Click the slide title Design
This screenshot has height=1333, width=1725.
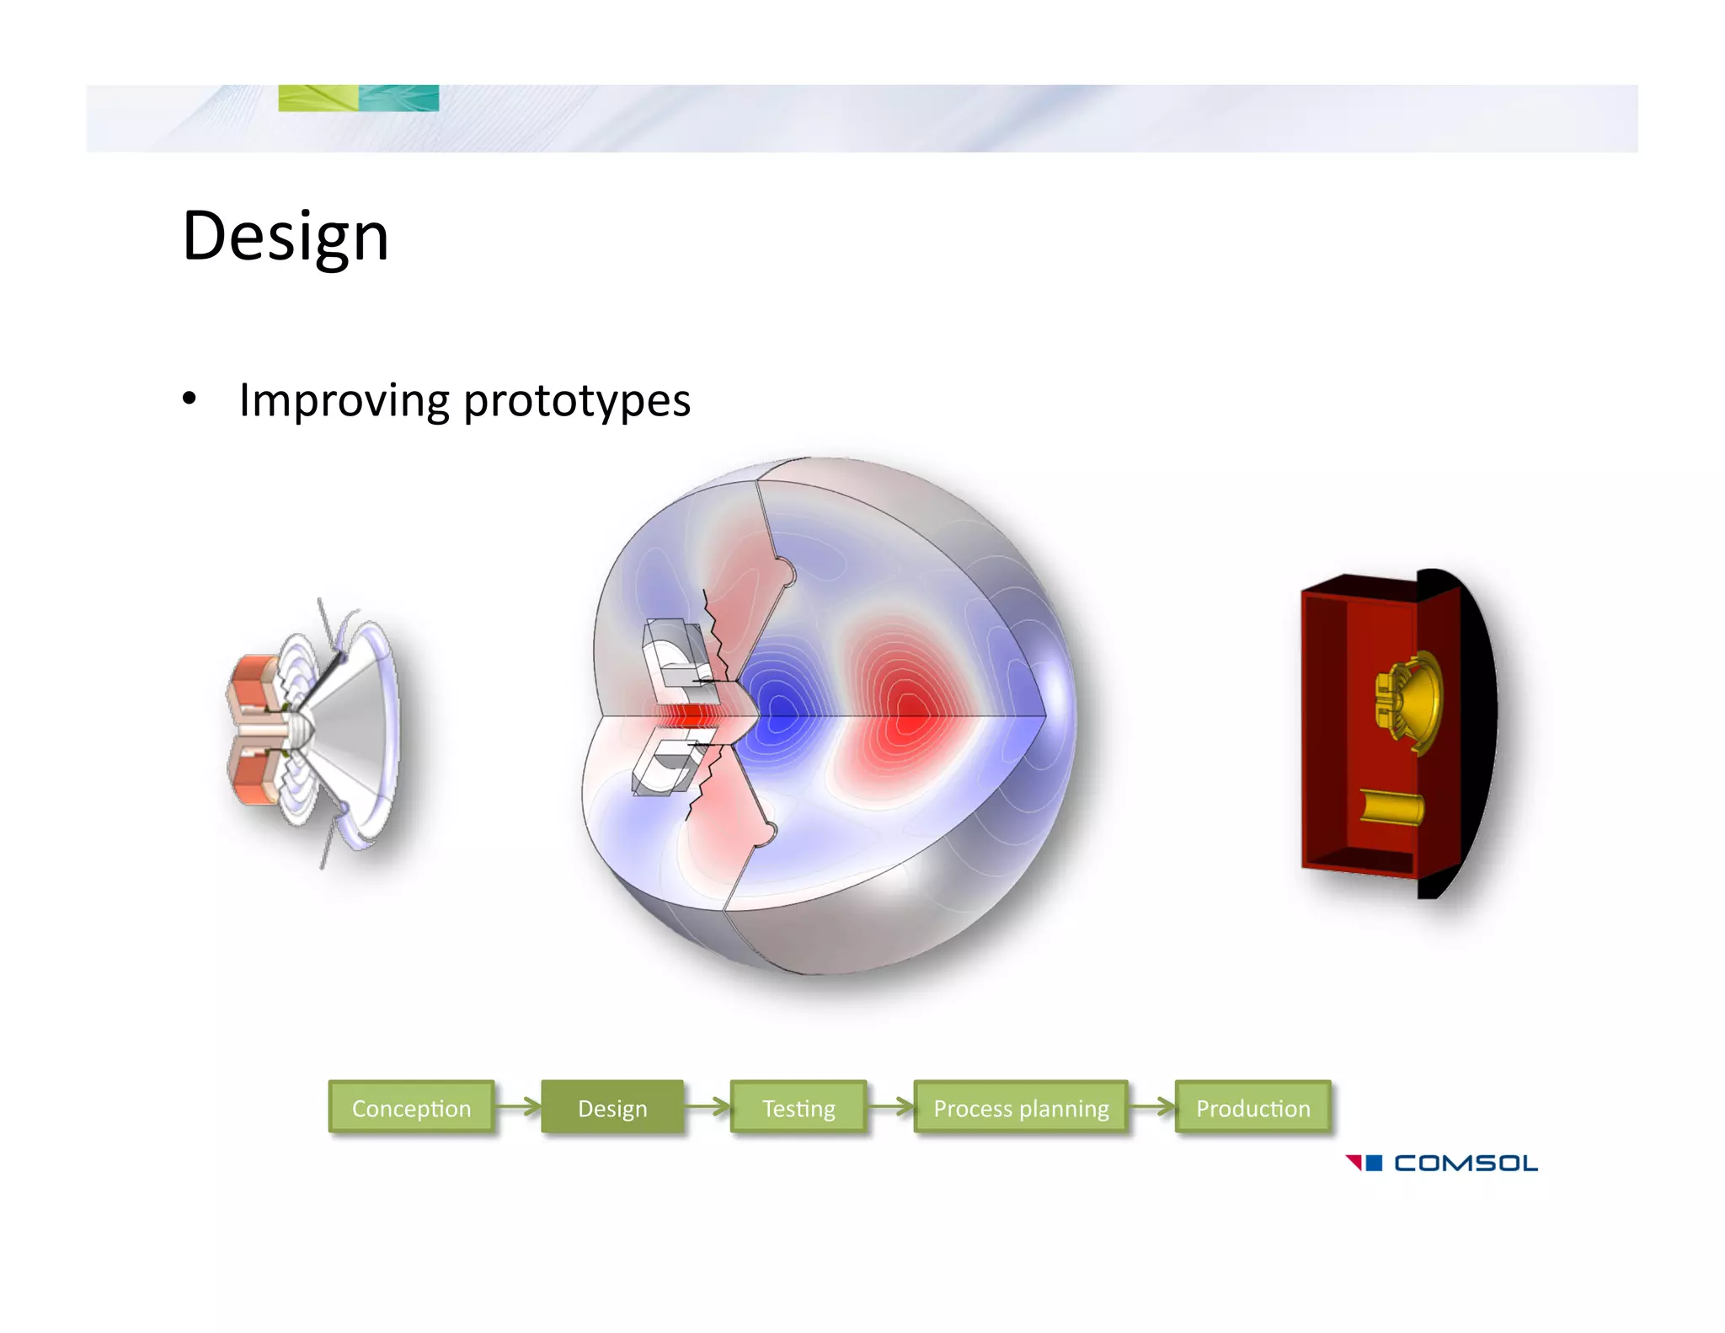coord(286,237)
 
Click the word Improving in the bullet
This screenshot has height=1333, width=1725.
coord(344,400)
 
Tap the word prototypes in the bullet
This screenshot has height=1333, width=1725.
coord(577,402)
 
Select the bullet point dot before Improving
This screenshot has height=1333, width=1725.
coord(190,399)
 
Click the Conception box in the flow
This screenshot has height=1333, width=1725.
coord(411,1107)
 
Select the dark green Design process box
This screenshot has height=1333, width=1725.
coord(612,1107)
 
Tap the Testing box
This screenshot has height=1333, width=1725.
coord(798,1107)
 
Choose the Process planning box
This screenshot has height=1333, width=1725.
coord(1021,1107)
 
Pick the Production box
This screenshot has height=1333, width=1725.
coord(1252,1107)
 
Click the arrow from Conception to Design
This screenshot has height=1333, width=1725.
coord(518,1106)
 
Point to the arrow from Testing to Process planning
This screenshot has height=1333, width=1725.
coord(890,1106)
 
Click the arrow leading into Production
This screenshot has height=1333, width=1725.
coord(1151,1106)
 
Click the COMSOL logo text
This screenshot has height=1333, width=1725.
coord(1465,1164)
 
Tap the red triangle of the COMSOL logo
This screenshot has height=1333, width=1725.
coord(1354,1162)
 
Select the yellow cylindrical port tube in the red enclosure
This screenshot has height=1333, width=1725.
coord(1391,806)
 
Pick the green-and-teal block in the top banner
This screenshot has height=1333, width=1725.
coord(358,98)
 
